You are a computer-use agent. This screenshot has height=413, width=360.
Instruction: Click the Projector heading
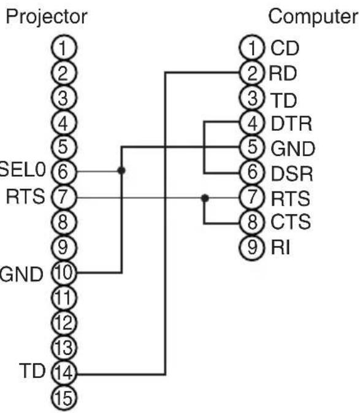click(47, 17)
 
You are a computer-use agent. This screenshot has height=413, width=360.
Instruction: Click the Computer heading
click(313, 17)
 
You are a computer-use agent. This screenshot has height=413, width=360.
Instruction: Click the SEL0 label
click(23, 169)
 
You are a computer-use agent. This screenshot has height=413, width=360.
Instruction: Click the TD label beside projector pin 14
click(32, 371)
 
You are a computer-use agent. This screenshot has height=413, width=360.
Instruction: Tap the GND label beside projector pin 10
click(21, 274)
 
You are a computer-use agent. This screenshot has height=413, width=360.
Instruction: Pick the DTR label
click(291, 123)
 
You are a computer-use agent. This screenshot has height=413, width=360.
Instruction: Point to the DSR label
click(292, 174)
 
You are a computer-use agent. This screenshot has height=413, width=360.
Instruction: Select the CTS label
click(291, 222)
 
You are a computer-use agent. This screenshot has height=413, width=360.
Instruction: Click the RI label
click(280, 247)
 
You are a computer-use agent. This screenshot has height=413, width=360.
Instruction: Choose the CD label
click(285, 48)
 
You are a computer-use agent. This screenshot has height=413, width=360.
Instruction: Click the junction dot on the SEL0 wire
click(121, 171)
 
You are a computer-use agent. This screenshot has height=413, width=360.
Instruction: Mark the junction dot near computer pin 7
click(205, 198)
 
